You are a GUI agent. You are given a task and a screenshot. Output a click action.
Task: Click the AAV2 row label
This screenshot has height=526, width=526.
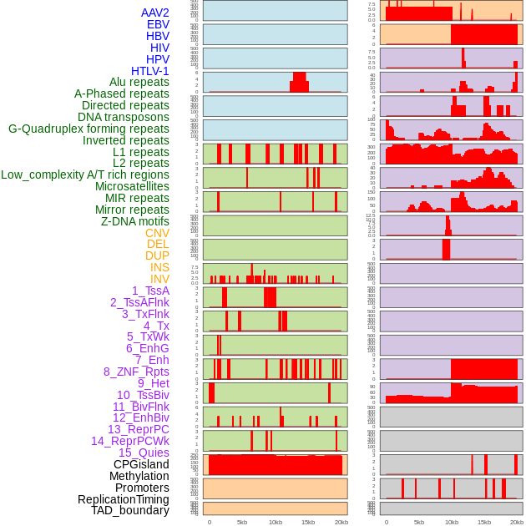click(154, 13)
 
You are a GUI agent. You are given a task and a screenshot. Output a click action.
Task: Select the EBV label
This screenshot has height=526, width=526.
click(158, 25)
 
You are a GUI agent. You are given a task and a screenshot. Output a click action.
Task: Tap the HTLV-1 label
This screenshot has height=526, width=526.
click(149, 71)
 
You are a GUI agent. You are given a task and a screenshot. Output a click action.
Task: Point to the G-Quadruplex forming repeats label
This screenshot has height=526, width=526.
click(89, 129)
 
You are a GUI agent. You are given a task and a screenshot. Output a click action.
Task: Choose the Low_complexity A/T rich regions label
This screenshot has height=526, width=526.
click(85, 174)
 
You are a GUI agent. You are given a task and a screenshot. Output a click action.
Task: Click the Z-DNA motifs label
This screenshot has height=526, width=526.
click(134, 221)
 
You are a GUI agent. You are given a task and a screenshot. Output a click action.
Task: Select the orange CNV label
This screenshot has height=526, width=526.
click(157, 233)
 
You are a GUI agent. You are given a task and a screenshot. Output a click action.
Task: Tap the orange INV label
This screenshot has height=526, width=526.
click(159, 279)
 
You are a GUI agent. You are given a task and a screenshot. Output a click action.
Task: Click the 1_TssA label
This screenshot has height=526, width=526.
click(150, 291)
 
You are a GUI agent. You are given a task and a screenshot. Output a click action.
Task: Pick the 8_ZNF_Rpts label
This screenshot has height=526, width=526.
click(136, 372)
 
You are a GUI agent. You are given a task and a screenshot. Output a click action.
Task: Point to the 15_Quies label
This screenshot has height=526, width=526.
click(144, 453)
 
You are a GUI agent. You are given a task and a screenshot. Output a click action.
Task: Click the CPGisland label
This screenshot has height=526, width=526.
click(141, 464)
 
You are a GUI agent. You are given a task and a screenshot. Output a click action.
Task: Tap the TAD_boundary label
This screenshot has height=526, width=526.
click(130, 510)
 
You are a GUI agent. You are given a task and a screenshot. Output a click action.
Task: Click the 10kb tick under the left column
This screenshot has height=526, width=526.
click(275, 522)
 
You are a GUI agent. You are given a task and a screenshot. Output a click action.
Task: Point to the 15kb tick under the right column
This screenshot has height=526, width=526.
click(484, 522)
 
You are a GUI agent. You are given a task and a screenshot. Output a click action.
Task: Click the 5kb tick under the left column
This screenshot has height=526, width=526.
click(242, 522)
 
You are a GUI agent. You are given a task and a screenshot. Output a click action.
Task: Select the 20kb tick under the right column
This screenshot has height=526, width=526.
click(517, 522)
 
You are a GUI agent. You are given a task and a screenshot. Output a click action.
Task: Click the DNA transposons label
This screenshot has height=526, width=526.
click(124, 117)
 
